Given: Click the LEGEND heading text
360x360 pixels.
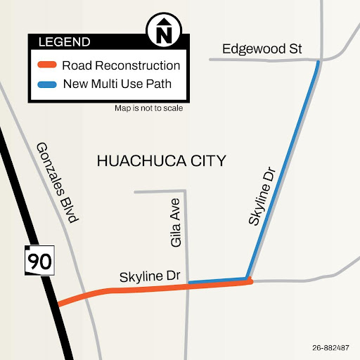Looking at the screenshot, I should click(64, 41).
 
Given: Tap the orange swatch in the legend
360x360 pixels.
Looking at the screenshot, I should click(46, 65).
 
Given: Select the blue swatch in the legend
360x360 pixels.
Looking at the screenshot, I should click(46, 84).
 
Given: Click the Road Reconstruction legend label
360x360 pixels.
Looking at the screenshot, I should click(121, 65).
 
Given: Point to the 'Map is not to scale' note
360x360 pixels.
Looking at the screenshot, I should click(148, 109).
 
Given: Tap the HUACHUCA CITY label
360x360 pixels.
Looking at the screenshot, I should click(161, 161).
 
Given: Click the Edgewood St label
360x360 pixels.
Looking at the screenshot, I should click(262, 49).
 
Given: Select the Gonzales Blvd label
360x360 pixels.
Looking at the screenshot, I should click(56, 182).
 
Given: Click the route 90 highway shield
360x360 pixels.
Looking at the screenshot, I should click(39, 262).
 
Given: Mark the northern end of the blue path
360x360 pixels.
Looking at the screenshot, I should click(318, 63).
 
